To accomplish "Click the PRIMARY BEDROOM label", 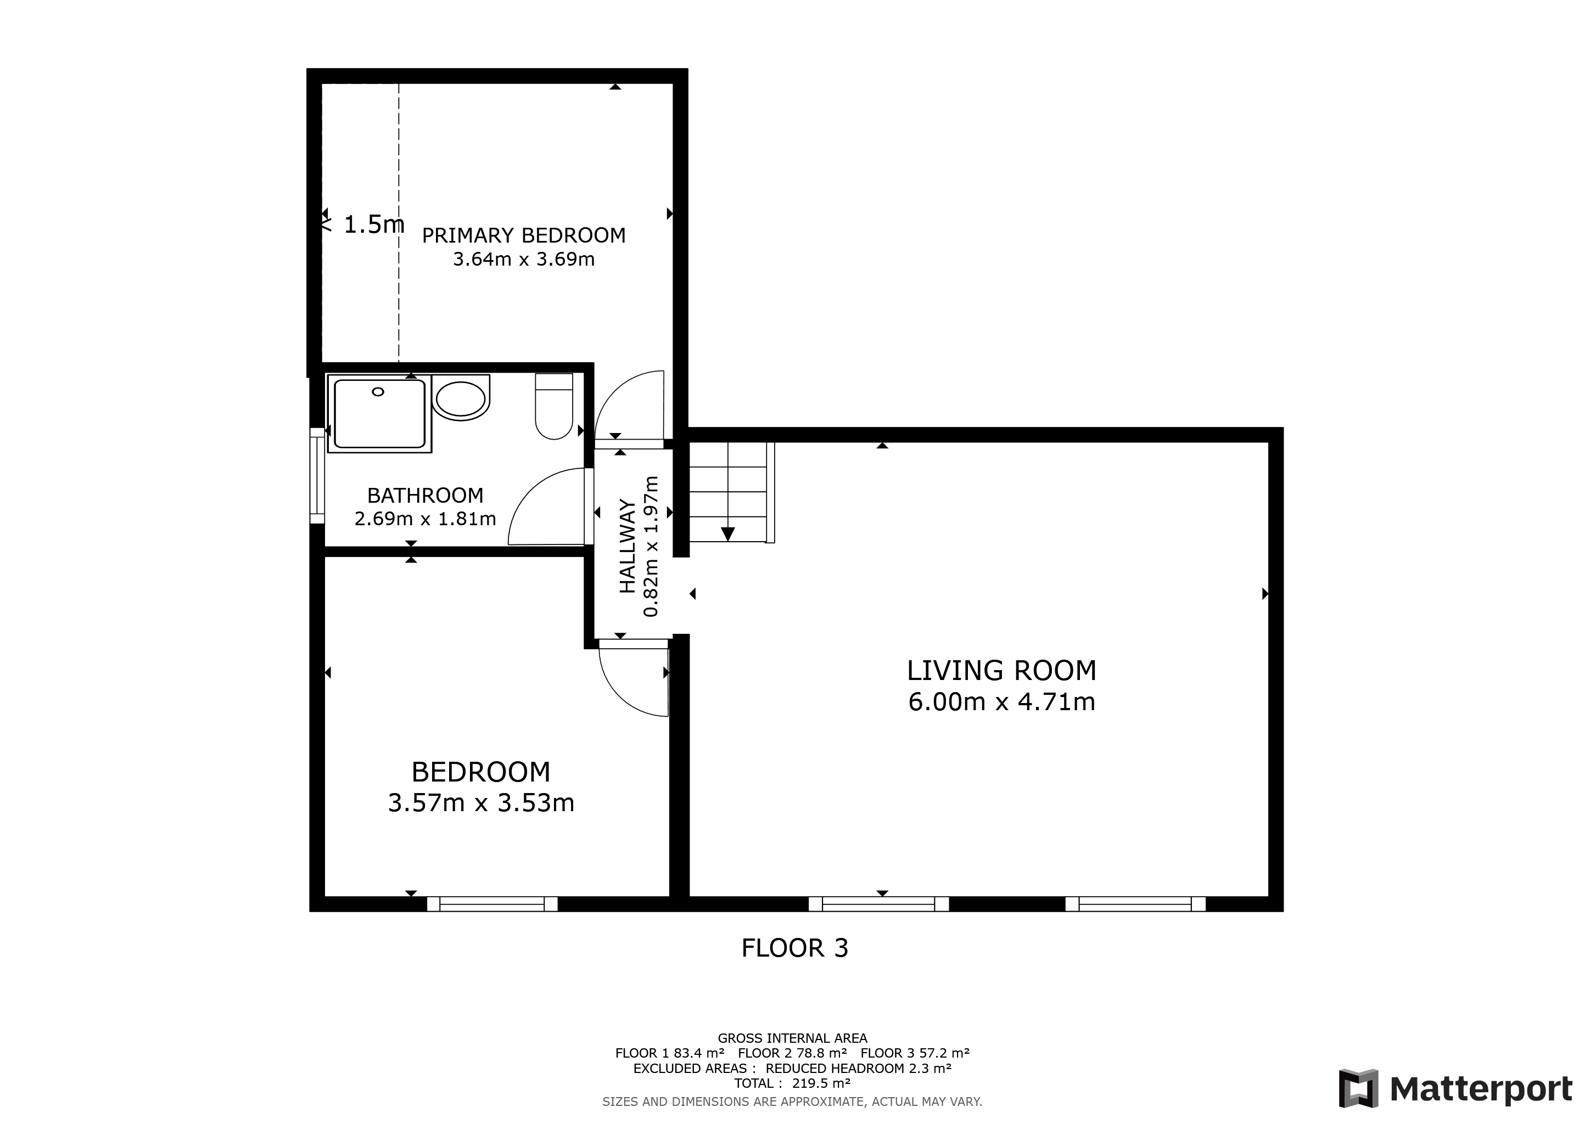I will (x=524, y=235).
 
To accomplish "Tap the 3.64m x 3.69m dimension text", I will (x=524, y=260).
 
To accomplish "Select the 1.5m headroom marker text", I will (x=373, y=224).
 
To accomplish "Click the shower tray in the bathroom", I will (x=379, y=414).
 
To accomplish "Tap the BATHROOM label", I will (x=425, y=496).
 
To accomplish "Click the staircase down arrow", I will (x=727, y=533).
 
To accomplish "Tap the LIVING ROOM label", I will (x=1001, y=671).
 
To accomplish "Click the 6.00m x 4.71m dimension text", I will (x=1001, y=702).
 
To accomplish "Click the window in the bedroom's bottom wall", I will (x=492, y=903).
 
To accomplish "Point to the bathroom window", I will (x=317, y=475).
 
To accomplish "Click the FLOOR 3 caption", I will (x=794, y=947).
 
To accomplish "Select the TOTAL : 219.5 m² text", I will (x=792, y=1083).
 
